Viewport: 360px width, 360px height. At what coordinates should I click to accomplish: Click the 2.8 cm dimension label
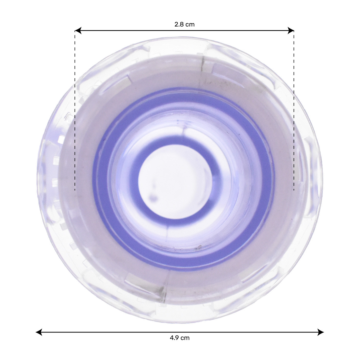point(184,24)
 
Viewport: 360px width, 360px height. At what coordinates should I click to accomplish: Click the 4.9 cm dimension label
point(179,338)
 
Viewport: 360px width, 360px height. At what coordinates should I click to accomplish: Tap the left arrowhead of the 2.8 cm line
point(78,31)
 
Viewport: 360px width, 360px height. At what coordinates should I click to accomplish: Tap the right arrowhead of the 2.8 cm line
point(291,31)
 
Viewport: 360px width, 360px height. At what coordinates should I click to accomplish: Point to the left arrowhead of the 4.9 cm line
point(39,332)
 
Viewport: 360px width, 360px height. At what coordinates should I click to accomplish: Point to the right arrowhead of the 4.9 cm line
point(321,332)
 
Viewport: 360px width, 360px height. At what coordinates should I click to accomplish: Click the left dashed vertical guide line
point(75,111)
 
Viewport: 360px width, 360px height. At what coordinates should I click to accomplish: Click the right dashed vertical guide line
point(294,111)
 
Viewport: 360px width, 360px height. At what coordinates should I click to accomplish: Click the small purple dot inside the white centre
point(154,198)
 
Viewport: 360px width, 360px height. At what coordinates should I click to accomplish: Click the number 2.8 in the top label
point(179,24)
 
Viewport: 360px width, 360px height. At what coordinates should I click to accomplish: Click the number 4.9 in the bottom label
point(174,338)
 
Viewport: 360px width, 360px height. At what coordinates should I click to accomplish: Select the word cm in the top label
point(190,24)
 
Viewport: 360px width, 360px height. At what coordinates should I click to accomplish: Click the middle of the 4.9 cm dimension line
point(179,332)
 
